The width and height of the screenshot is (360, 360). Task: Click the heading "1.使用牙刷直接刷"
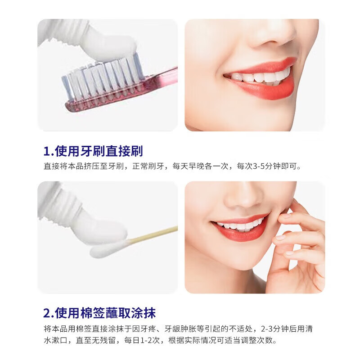pos(93,150)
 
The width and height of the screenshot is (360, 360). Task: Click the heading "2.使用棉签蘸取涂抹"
pos(99,312)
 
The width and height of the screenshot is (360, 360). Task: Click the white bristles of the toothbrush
pos(101,79)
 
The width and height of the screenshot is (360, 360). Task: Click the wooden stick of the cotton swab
pos(153,235)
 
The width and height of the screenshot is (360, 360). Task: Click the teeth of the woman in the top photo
pos(261,76)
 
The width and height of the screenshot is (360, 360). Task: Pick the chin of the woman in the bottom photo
pos(238,261)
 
